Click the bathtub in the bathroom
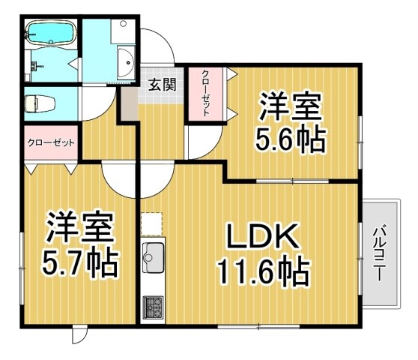51,33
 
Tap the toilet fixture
40,103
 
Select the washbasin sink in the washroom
126,62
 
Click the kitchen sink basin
153,257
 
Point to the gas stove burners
153,307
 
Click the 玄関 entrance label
162,85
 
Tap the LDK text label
261,236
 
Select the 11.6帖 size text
264,270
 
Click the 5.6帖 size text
291,139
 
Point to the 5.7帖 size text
79,262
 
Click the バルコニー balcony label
380,253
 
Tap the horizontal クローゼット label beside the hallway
51,143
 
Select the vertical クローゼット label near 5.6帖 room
205,93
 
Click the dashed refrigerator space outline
152,224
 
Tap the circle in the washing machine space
123,24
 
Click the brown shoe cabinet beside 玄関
130,104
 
